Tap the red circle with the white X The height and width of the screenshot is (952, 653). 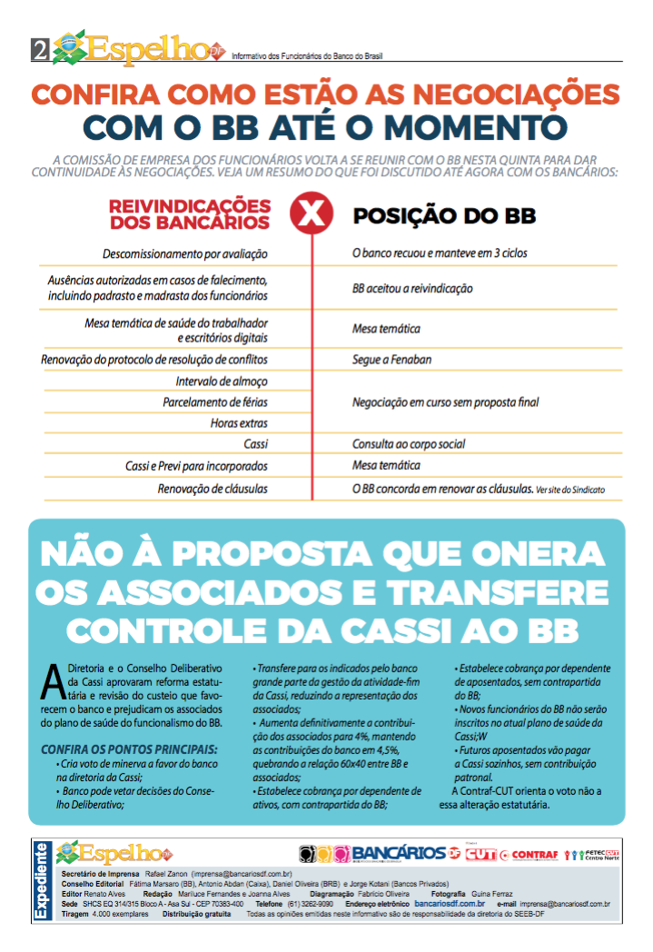pyautogui.click(x=311, y=214)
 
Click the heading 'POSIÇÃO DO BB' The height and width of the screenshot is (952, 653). pyautogui.click(x=443, y=216)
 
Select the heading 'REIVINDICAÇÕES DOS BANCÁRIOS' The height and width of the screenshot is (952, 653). pyautogui.click(x=189, y=214)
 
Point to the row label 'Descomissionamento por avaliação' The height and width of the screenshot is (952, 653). pyautogui.click(x=185, y=254)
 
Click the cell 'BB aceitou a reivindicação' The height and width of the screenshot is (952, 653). pyautogui.click(x=412, y=289)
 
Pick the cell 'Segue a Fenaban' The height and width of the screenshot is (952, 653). pyautogui.click(x=391, y=360)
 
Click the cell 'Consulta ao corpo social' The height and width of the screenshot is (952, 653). pyautogui.click(x=409, y=444)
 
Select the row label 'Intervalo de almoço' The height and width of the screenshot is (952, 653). pyautogui.click(x=222, y=381)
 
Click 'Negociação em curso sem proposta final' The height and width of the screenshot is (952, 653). pyautogui.click(x=451, y=401)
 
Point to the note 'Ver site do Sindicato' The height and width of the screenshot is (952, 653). pyautogui.click(x=569, y=490)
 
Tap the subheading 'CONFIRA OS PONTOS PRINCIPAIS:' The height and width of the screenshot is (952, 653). pyautogui.click(x=129, y=749)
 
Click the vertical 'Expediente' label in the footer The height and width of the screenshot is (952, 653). pyautogui.click(x=41, y=880)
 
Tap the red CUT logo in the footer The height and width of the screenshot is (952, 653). pyautogui.click(x=480, y=854)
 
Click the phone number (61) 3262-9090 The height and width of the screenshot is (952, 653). pyautogui.click(x=313, y=905)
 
